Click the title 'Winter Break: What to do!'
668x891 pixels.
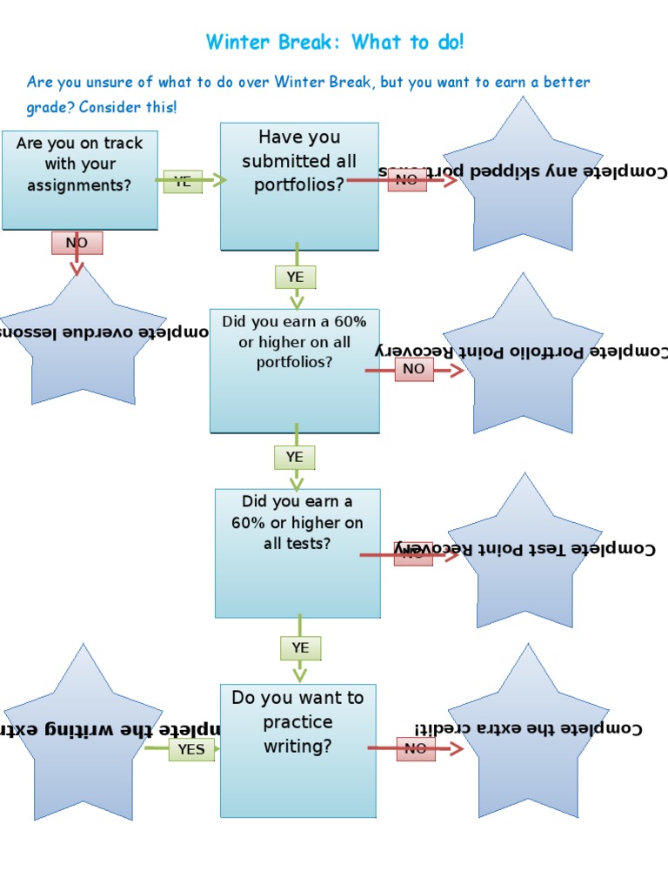point(335,42)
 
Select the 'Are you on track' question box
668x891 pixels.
point(80,180)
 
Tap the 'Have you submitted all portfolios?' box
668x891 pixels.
point(299,186)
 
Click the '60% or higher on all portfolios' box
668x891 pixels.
point(294,370)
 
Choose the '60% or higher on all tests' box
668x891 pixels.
point(297,553)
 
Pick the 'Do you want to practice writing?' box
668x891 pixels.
point(297,750)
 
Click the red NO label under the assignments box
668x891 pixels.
point(77,243)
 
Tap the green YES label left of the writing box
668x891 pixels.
point(191,749)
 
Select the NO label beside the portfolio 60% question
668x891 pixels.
point(414,369)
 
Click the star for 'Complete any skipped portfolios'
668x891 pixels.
point(522,178)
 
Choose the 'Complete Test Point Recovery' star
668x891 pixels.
point(524,553)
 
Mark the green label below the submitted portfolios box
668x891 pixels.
point(296,277)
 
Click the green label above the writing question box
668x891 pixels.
point(300,647)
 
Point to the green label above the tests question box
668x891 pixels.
point(295,457)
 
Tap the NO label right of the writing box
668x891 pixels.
point(416,748)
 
